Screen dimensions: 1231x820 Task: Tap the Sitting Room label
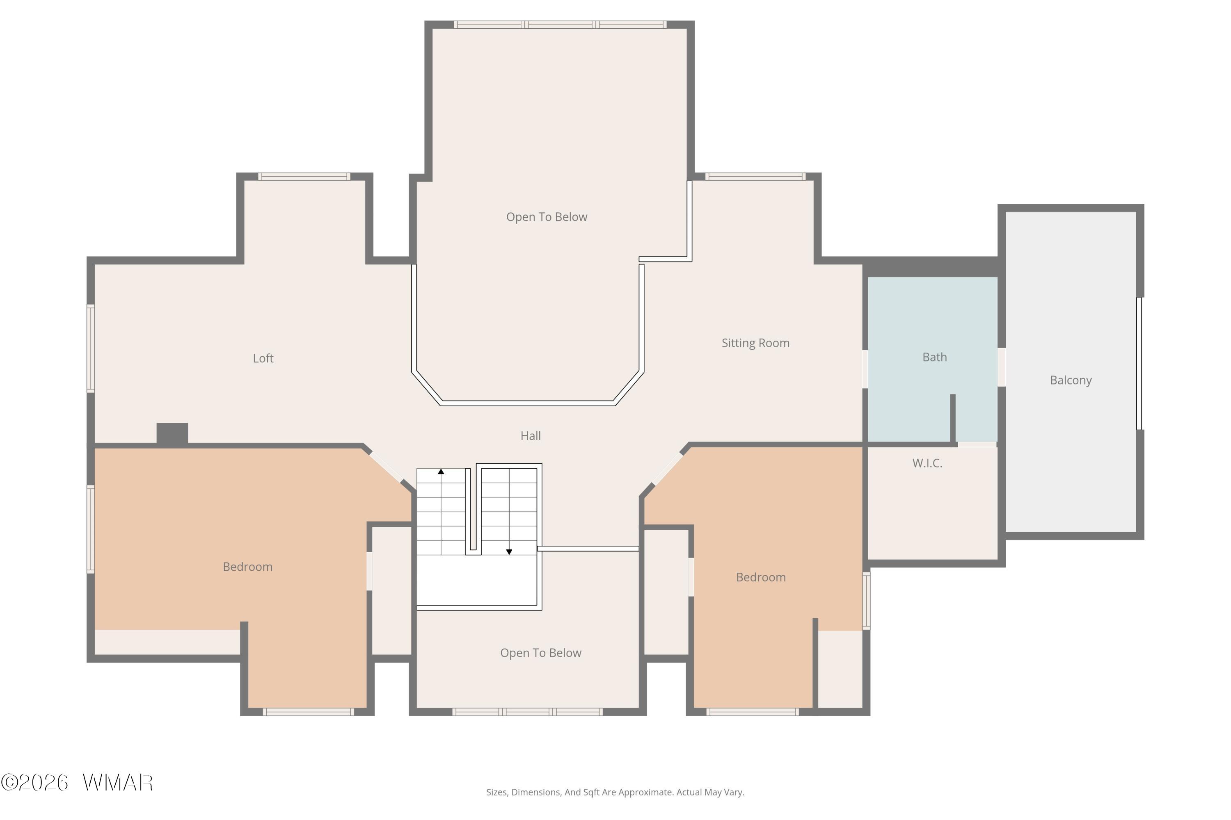[x=755, y=343]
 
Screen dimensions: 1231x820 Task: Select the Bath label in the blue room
[x=934, y=357]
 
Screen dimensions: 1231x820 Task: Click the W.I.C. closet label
[x=927, y=463]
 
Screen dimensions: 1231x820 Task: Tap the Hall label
[x=531, y=435]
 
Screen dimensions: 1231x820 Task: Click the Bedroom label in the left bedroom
[x=247, y=567]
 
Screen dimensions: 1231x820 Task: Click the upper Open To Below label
[x=547, y=217]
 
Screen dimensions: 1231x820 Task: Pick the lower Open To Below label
[x=541, y=653]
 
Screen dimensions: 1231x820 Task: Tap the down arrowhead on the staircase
[x=509, y=552]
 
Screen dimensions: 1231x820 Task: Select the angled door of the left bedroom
[x=386, y=467]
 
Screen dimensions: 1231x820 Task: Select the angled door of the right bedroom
[x=667, y=469]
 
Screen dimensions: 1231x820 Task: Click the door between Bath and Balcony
[x=1001, y=367]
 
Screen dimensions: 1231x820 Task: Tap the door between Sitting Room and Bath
[x=865, y=369]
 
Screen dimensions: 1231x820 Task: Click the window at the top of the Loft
[x=304, y=176]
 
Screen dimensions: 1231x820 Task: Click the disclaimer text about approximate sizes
[x=615, y=792]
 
